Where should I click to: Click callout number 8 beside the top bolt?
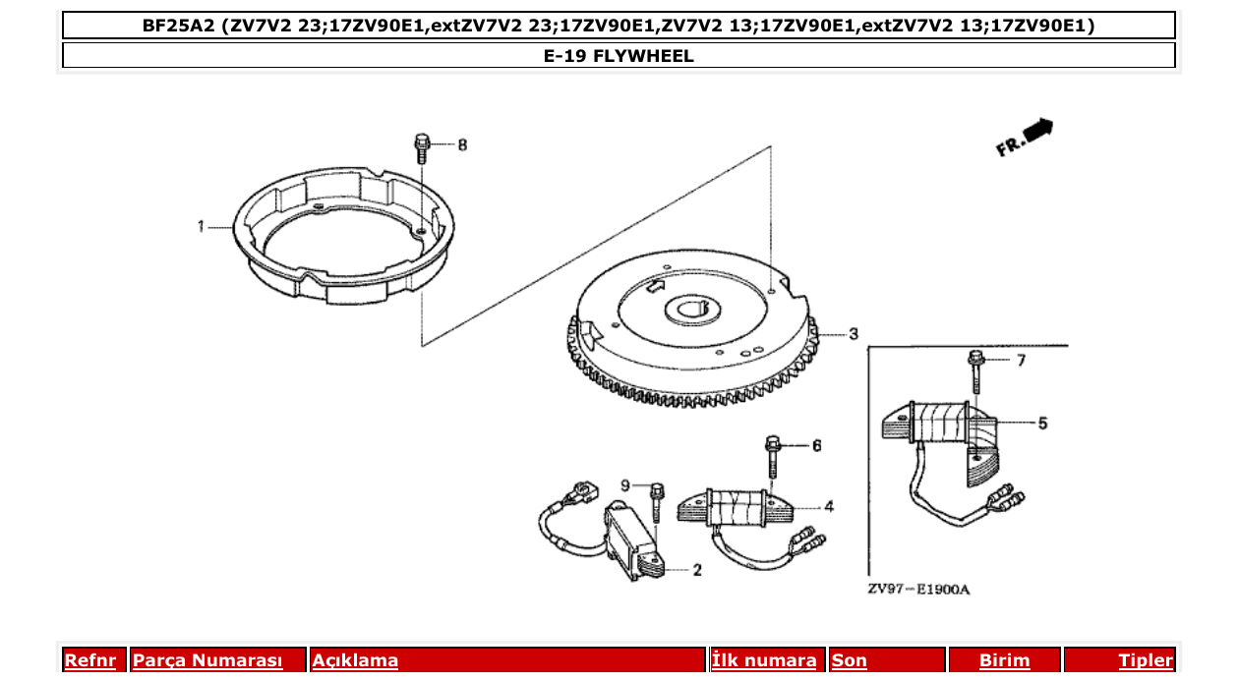[x=462, y=145]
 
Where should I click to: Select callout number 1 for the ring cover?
[x=201, y=226]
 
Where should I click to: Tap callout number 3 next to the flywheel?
[x=854, y=332]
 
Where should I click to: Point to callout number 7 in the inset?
[x=1021, y=361]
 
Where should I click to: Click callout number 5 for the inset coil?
[x=1042, y=424]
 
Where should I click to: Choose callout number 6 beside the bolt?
[x=816, y=446]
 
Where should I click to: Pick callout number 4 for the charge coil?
[x=829, y=507]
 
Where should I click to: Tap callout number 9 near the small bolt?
[x=624, y=485]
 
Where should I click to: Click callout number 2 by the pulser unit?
[x=696, y=570]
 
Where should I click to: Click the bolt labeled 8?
[x=422, y=148]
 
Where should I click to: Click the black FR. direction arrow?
[x=1037, y=129]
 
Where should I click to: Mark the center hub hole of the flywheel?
[x=695, y=313]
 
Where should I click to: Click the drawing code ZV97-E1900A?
[x=918, y=590]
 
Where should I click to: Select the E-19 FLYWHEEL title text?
[x=619, y=56]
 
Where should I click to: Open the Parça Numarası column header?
[x=207, y=660]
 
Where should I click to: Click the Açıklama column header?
[x=355, y=660]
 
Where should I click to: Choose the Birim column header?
[x=1004, y=660]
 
